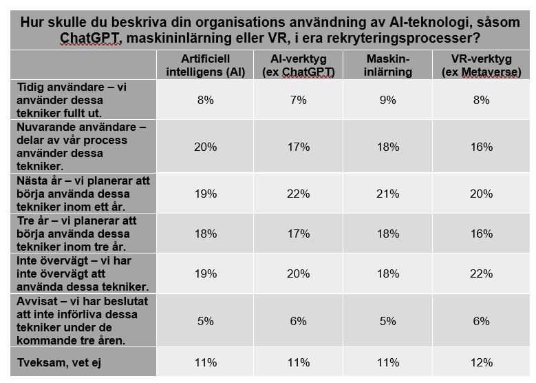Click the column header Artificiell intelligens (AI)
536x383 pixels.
[205, 65]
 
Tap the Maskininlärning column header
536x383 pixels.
[388, 65]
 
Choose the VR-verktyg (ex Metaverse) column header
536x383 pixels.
[481, 65]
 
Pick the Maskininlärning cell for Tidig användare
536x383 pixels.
[388, 101]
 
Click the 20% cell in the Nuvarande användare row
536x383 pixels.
[205, 147]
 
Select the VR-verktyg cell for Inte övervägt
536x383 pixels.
[481, 273]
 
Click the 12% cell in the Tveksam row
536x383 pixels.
[481, 362]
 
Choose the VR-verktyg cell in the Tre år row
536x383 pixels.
[481, 234]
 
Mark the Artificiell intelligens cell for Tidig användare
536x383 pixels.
[205, 101]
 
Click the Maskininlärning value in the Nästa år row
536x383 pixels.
[388, 194]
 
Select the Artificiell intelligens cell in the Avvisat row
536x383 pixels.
[205, 321]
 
